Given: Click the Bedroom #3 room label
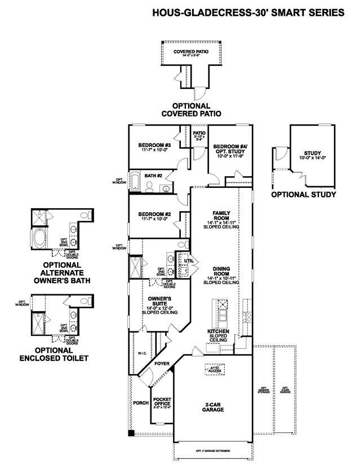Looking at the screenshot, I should [x=150, y=145].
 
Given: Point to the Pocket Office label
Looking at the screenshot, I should [x=162, y=402].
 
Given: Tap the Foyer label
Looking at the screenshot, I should [x=162, y=364].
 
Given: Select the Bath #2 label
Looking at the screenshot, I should [x=153, y=176].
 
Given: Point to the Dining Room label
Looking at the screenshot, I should [x=220, y=272].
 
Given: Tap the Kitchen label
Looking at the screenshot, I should [x=218, y=331].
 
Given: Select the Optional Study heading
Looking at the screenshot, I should [x=304, y=195].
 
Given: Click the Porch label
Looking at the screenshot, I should [x=140, y=403].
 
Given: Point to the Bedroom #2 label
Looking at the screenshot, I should [x=151, y=214].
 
